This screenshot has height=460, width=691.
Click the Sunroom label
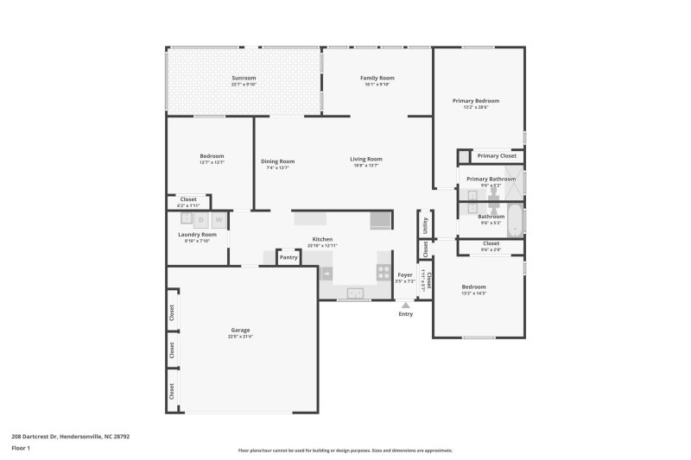[x=244, y=78]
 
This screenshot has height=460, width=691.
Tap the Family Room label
[x=377, y=78]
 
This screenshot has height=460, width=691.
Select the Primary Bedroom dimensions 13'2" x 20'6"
[x=476, y=107]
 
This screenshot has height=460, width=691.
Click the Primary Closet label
[x=498, y=156]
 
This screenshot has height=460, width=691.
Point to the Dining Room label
[x=278, y=161]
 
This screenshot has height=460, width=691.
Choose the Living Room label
[x=366, y=159]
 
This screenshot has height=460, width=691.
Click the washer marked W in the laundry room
[x=218, y=220]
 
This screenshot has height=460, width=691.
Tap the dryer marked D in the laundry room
[x=200, y=220]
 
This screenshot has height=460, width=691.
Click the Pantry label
[x=288, y=257]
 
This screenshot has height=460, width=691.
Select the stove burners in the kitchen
[x=383, y=272]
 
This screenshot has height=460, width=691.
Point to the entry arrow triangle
[x=405, y=304]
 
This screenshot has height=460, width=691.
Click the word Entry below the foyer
[x=405, y=313]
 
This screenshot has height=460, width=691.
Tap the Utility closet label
[x=425, y=224]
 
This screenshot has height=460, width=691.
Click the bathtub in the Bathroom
[x=515, y=220]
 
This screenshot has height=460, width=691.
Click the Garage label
[x=240, y=331]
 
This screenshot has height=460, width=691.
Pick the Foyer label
[x=404, y=274]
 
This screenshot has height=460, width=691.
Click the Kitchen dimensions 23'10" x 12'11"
[x=322, y=245]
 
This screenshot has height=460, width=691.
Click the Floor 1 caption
[x=21, y=449]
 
